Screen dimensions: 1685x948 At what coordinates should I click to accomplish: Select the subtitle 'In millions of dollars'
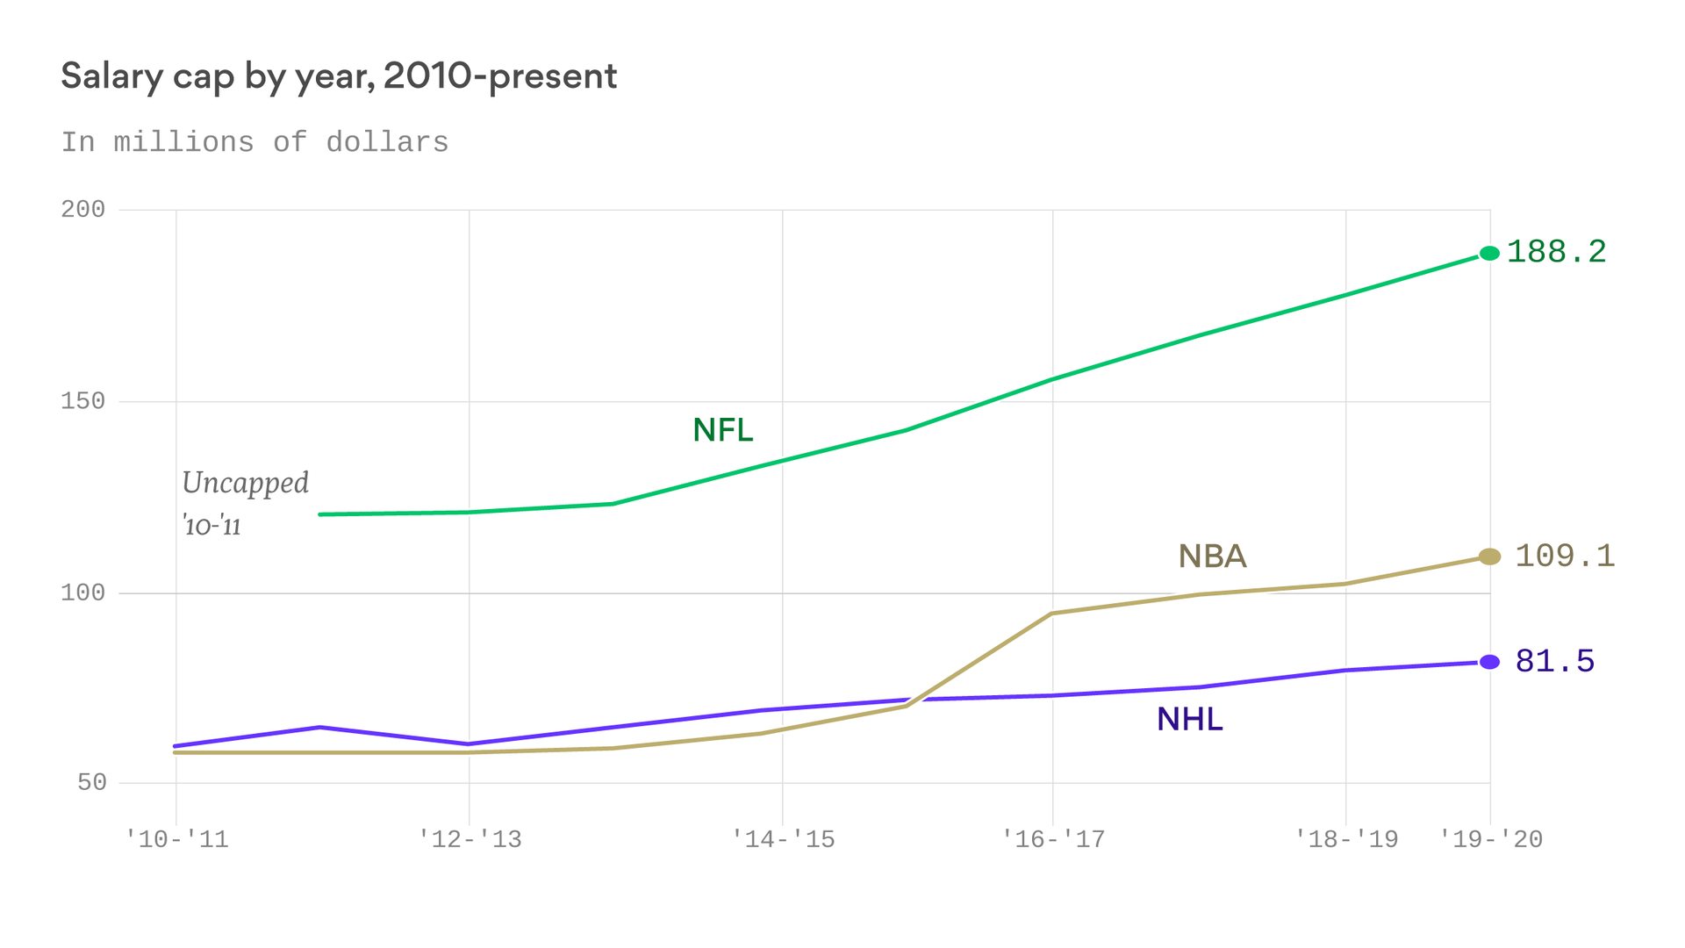pyautogui.click(x=255, y=142)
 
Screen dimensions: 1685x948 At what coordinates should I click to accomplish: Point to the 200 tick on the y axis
pyautogui.click(x=82, y=209)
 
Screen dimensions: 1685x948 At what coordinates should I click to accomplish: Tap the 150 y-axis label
pyautogui.click(x=82, y=401)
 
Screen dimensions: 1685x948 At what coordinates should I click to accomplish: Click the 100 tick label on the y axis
pyautogui.click(x=82, y=592)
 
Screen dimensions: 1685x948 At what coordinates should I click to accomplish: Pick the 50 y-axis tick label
pyautogui.click(x=91, y=782)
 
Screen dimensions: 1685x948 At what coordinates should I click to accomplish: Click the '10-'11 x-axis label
pyautogui.click(x=176, y=839)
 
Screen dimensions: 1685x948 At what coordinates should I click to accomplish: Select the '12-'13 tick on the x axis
pyautogui.click(x=470, y=839)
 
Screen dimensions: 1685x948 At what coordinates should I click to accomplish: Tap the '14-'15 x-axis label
pyautogui.click(x=783, y=839)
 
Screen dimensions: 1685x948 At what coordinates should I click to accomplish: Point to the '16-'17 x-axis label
pyautogui.click(x=1053, y=839)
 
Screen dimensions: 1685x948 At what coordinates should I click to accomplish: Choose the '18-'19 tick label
pyautogui.click(x=1346, y=839)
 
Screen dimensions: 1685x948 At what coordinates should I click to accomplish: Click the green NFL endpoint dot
pyautogui.click(x=1489, y=254)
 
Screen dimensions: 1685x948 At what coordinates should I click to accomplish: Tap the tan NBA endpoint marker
pyautogui.click(x=1489, y=557)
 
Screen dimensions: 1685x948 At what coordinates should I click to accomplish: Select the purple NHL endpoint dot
pyautogui.click(x=1489, y=662)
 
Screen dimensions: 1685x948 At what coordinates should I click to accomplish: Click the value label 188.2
pyautogui.click(x=1556, y=252)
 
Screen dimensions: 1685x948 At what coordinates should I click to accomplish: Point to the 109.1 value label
pyautogui.click(x=1565, y=556)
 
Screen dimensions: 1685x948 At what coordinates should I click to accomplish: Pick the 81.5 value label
pyautogui.click(x=1555, y=661)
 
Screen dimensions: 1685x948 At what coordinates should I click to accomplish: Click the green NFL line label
pyautogui.click(x=723, y=430)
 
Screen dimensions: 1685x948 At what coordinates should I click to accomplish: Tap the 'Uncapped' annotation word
pyautogui.click(x=245, y=484)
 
